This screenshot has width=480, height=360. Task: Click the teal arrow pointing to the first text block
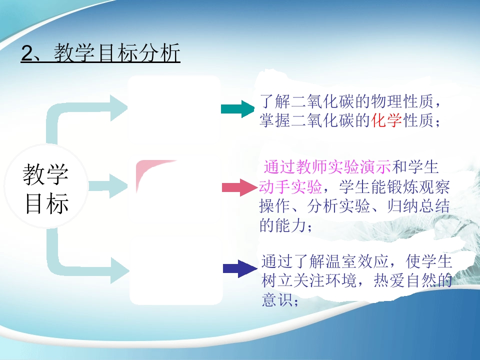[237, 108]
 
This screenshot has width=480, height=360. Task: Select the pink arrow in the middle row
[239, 187]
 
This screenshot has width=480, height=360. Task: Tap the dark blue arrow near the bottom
[240, 268]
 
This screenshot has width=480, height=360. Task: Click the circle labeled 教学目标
[46, 186]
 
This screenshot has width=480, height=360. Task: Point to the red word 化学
[386, 120]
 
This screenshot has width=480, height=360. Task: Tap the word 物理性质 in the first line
[402, 101]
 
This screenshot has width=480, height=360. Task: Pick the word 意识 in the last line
[277, 299]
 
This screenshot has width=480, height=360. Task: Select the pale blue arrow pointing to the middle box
[108, 186]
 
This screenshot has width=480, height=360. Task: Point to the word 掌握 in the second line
[275, 120]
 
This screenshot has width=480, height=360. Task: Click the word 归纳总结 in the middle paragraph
[418, 206]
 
